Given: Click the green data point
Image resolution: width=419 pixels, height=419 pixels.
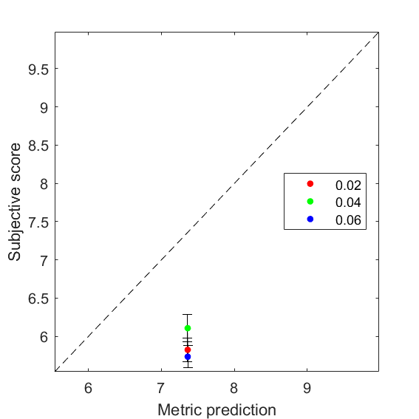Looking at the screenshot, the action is (188, 328).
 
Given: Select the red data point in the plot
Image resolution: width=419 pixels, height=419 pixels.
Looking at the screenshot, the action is (188, 350).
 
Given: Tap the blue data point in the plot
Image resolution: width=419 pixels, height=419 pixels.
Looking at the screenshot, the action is (188, 357).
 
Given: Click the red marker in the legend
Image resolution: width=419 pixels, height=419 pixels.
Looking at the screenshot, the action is (310, 183).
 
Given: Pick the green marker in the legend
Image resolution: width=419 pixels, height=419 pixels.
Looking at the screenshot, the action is (310, 201).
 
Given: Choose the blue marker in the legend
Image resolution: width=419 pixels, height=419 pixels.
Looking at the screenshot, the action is (310, 219).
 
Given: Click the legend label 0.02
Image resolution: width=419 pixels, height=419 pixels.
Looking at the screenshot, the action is (348, 185).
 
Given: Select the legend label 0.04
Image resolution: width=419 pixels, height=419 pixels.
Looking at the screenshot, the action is (348, 202).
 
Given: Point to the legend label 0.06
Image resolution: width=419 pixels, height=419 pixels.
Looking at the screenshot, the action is (348, 220).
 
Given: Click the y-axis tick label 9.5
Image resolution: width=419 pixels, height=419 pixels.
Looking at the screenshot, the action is (38, 69).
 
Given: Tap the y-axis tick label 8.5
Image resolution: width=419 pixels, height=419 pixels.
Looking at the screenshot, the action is (38, 146).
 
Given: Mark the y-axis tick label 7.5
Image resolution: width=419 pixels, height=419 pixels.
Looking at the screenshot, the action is (38, 222).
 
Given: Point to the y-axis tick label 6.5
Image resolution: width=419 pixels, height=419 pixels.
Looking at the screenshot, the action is (38, 299).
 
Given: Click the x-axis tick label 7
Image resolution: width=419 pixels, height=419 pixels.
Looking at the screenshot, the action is (160, 388).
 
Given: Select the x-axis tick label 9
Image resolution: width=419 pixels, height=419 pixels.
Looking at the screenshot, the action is (307, 388).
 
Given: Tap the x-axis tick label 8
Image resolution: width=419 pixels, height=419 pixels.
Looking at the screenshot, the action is (234, 388).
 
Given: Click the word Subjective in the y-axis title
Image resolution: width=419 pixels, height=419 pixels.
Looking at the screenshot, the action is (15, 219).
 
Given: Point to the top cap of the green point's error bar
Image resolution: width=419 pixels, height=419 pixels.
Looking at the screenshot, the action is (187, 315).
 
